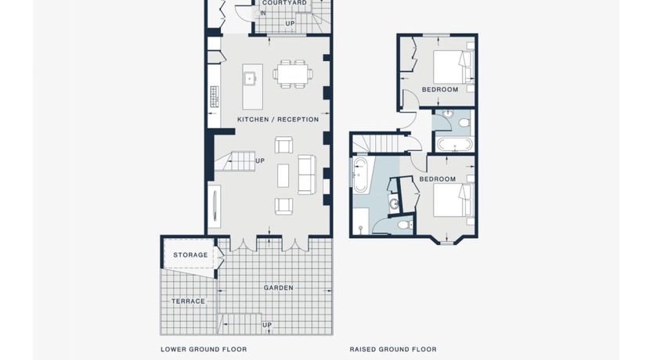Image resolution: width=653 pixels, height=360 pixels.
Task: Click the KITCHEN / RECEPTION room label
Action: pos(278,120)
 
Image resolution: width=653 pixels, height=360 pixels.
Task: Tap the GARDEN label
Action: pos(278,287)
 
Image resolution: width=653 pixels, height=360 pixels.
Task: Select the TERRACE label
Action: pos(188,301)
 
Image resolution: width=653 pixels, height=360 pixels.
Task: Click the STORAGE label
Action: pos(190,254)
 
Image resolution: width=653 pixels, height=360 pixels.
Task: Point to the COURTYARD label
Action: pos(284,3)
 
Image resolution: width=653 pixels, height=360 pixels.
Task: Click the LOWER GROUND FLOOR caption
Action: pos(204,349)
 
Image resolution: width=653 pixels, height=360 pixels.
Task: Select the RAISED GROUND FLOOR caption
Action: pos(393,349)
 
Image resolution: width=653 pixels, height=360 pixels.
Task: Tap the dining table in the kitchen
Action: pos(292,74)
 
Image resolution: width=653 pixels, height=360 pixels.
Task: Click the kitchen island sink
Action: pos(250,77)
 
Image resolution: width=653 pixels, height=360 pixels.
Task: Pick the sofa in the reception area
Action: pos(306,175)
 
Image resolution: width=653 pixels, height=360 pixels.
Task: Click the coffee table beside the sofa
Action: pos(283,175)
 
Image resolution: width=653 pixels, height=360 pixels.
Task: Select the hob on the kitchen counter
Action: pos(215,96)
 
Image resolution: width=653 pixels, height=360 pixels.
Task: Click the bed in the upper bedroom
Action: pos(453,67)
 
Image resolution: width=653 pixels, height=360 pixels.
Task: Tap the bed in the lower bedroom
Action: pos(453,200)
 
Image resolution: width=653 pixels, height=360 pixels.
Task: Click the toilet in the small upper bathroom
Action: pos(463,122)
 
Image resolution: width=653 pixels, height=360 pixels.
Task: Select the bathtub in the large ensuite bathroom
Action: pos(360,175)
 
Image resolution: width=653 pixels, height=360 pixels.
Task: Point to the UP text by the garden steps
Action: pos(267,325)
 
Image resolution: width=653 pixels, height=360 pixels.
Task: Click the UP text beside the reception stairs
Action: pos(260,160)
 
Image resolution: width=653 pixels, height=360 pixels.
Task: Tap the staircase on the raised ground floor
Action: pos(376,143)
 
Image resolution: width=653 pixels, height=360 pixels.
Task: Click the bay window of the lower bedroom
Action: pos(447,241)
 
